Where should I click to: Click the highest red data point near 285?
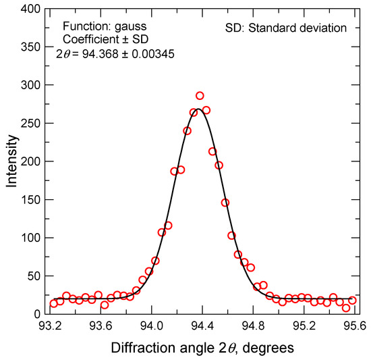point(200,96)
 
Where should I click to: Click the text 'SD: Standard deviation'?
point(285,28)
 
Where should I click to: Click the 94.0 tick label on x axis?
point(150,326)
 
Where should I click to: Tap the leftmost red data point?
point(54,303)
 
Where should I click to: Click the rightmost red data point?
point(352,300)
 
